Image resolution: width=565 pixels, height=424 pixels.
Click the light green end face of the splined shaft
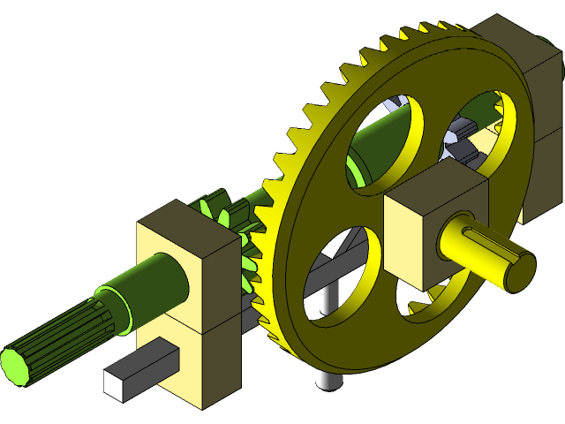tap(13, 366)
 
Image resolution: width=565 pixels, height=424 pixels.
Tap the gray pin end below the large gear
tap(328, 380)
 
